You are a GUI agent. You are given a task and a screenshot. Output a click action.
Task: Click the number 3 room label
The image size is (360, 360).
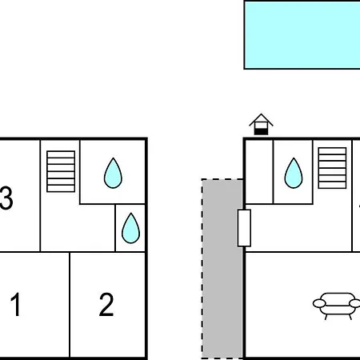[x=6, y=198]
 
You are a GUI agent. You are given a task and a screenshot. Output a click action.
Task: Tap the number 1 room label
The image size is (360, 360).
[x=15, y=304]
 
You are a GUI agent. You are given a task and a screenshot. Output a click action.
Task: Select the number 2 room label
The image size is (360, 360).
[x=106, y=304]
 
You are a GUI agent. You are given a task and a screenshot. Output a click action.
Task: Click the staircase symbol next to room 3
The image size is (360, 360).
[x=61, y=171]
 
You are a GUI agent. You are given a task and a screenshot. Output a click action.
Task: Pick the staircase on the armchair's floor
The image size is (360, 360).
[x=332, y=168]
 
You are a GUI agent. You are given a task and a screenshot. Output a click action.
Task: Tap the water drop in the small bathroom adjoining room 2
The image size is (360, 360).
[x=130, y=228]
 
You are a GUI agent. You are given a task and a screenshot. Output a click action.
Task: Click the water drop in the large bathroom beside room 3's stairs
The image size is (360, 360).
[x=113, y=173]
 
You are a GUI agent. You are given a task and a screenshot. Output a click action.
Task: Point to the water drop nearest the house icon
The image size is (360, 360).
[x=294, y=173]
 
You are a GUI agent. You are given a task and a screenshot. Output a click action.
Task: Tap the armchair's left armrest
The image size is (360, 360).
[x=319, y=303]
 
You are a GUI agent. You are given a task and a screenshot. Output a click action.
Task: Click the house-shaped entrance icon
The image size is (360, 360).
[x=261, y=124]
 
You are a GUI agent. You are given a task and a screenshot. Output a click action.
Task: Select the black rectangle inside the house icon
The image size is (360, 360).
[x=261, y=131]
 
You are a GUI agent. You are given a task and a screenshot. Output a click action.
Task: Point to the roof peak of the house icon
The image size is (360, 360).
[x=261, y=114]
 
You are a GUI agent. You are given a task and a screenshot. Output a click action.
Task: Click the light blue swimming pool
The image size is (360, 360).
[x=302, y=35]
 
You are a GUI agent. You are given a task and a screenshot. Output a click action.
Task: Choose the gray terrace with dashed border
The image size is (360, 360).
[x=222, y=269]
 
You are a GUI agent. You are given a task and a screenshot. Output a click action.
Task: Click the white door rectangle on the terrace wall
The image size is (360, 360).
[x=244, y=228]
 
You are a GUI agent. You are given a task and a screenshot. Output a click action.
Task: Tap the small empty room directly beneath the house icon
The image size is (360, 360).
[x=259, y=172]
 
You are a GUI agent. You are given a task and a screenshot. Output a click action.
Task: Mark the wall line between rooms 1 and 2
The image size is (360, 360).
[x=70, y=305]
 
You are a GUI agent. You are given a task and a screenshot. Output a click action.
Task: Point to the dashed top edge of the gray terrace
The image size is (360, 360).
[x=222, y=179]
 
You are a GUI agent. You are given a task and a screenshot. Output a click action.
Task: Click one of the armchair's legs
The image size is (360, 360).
[x=326, y=317]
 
